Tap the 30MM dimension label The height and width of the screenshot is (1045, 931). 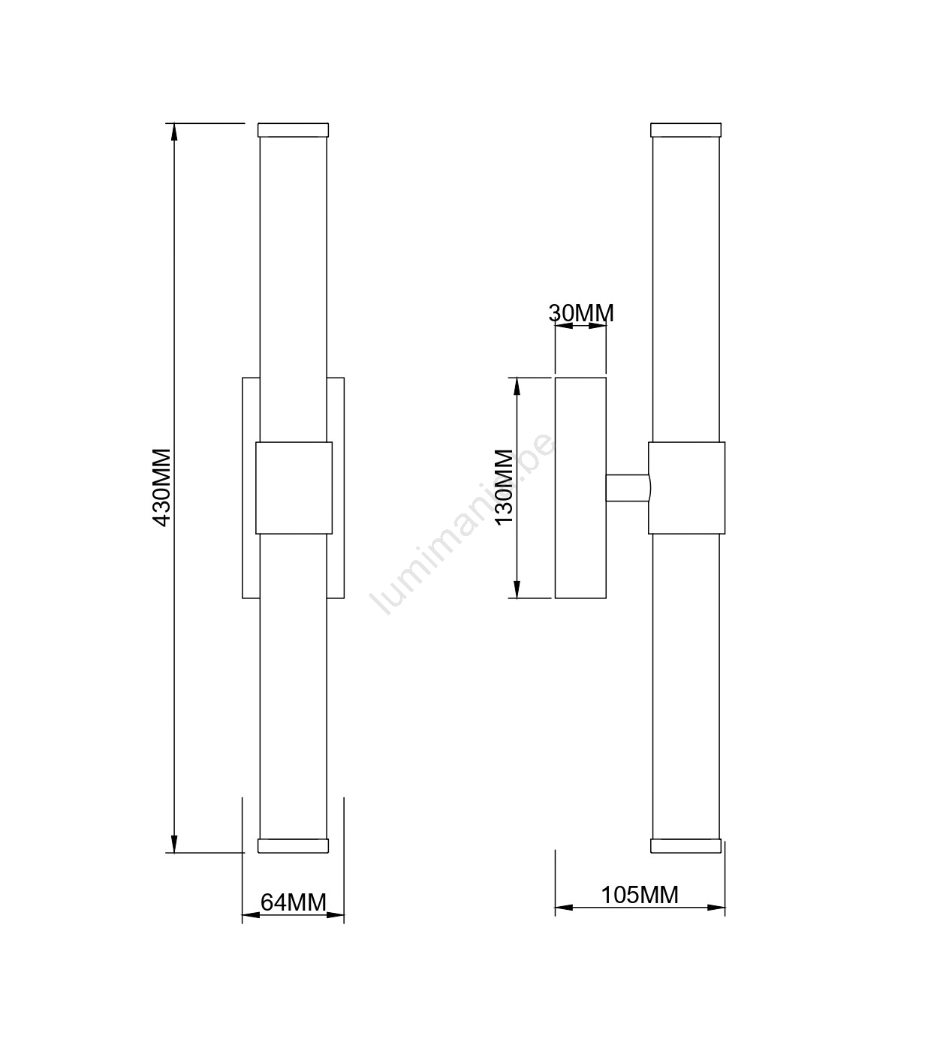tap(581, 313)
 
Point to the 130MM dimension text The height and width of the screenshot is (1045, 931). tap(504, 487)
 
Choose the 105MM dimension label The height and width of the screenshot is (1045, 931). tap(640, 895)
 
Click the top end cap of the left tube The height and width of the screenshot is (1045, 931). tap(293, 130)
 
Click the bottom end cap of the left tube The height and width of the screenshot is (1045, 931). tap(293, 846)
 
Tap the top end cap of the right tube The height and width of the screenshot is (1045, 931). tap(686, 130)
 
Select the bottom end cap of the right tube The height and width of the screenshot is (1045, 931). tap(686, 846)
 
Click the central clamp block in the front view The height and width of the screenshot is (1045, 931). tap(294, 488)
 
